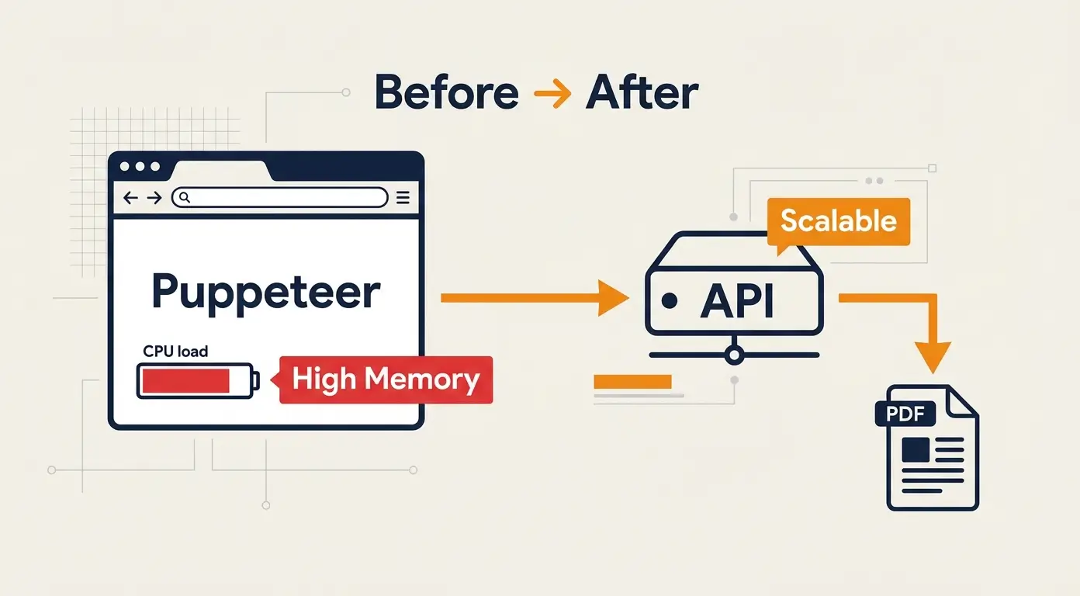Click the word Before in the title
[446, 93]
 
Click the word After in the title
[642, 93]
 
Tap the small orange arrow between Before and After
[552, 95]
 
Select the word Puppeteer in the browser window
[266, 293]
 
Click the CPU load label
[175, 352]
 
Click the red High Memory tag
[386, 379]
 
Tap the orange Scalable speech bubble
[838, 221]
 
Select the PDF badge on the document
[905, 414]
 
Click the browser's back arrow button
[130, 198]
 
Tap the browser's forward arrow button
[154, 198]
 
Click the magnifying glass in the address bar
[185, 197]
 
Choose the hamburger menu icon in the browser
[403, 198]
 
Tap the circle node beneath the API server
[733, 355]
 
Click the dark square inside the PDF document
[916, 449]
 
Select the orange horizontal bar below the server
[632, 381]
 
